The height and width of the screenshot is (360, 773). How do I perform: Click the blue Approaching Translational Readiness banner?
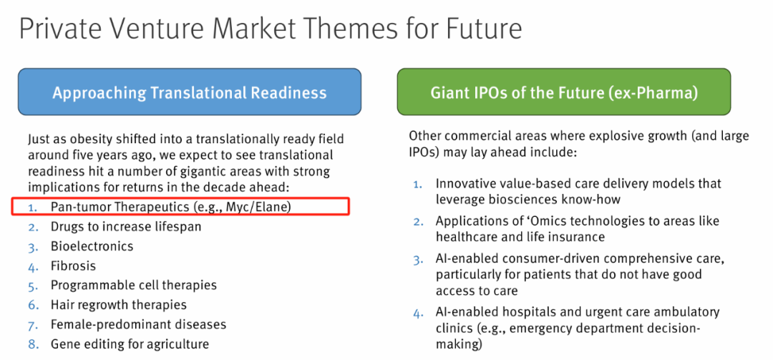[x=189, y=92]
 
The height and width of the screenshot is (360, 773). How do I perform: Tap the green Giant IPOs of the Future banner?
[x=564, y=92]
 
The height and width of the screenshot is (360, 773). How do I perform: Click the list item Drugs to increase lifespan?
[x=125, y=227]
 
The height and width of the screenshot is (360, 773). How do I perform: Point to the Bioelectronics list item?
[x=92, y=246]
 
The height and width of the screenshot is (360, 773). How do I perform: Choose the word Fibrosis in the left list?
[x=73, y=266]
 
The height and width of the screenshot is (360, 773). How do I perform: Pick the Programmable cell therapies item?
[x=133, y=285]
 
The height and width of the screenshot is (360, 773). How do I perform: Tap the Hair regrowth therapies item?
[x=118, y=305]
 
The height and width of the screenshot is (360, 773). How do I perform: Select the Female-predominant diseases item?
[x=138, y=324]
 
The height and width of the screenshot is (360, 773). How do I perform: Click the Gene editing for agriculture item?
[x=130, y=344]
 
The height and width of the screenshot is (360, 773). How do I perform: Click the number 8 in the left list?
[x=32, y=344]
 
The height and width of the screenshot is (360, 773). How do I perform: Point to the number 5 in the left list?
[x=32, y=285]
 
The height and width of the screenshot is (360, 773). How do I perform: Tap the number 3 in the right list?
[x=417, y=259]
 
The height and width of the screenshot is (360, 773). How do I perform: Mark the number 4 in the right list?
[x=417, y=312]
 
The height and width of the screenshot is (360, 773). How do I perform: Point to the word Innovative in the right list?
[x=466, y=184]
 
